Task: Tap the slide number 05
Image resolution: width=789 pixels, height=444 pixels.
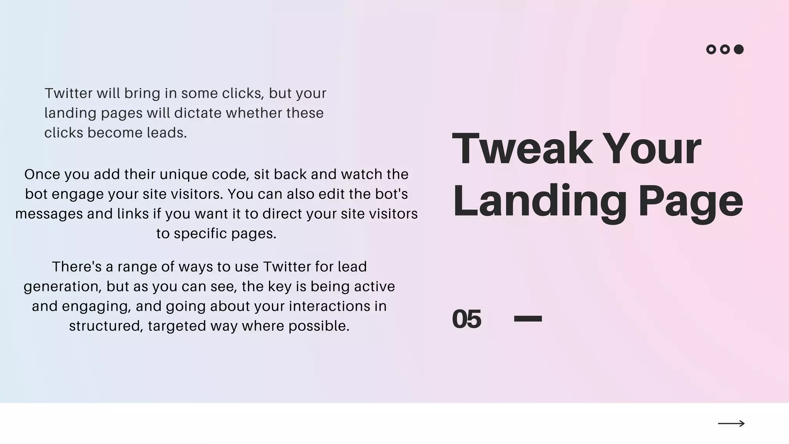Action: tap(467, 319)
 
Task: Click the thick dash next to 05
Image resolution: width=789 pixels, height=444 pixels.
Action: tap(528, 319)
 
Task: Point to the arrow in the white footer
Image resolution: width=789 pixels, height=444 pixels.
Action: tap(731, 424)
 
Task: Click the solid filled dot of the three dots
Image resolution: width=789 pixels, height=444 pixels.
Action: tap(739, 49)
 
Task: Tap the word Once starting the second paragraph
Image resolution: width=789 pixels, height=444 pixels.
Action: tap(42, 174)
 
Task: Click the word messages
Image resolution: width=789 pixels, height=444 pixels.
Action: tap(49, 214)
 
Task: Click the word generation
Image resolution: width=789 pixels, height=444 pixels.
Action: tap(63, 286)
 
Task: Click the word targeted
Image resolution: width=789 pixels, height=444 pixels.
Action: tap(177, 326)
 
